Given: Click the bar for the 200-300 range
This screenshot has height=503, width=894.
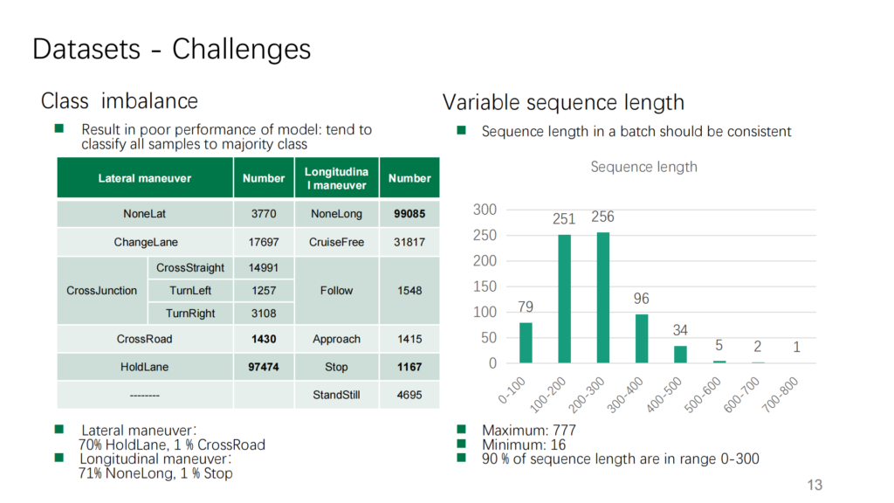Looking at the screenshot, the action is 603,298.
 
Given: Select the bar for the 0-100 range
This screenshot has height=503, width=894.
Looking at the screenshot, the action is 526,342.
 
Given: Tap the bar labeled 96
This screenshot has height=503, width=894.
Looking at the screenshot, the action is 642,339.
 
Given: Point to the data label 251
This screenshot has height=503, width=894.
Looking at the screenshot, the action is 564,219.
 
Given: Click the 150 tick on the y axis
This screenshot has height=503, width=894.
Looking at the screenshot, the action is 485,286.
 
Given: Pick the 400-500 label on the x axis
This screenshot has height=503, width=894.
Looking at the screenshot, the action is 664,394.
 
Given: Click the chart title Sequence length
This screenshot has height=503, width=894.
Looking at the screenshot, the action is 643,167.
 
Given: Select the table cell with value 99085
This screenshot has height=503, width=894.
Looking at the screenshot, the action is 409,214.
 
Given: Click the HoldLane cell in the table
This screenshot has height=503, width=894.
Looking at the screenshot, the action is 145,367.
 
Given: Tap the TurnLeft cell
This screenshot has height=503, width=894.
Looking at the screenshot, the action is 190,290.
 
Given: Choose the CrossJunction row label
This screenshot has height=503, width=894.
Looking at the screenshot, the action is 102,290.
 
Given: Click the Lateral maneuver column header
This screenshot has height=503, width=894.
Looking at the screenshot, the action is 145,178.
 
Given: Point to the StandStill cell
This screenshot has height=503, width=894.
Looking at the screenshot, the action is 336,395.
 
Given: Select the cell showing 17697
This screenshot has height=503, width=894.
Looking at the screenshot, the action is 264,242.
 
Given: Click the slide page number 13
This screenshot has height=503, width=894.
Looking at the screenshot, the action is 815,485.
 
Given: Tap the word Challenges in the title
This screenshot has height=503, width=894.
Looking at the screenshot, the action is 242,49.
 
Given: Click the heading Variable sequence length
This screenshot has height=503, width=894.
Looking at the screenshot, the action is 563,103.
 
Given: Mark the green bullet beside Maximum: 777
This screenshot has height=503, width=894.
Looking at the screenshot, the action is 461,429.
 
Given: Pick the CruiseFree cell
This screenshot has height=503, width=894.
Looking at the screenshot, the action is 336,242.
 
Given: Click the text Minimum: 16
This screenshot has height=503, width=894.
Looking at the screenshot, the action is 524,444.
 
